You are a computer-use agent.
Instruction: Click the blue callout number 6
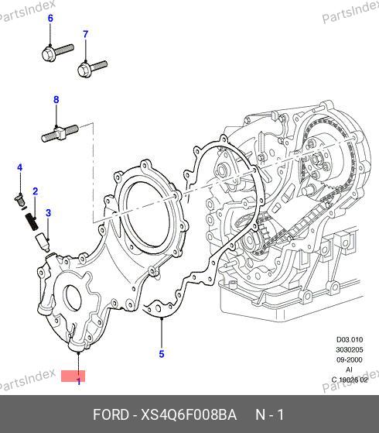[x=50, y=19]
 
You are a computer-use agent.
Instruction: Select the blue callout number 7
[x=86, y=34]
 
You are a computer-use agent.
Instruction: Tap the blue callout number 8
[x=56, y=99]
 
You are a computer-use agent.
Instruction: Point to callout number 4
[x=19, y=167]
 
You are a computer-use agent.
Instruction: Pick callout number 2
[x=35, y=191]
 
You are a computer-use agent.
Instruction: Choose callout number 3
[x=48, y=213]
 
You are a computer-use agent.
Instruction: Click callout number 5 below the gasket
[x=162, y=354]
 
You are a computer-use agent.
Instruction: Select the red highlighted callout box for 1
[x=73, y=376]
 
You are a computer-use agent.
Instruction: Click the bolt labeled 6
[x=58, y=53]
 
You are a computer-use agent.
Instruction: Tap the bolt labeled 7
[x=92, y=68]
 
